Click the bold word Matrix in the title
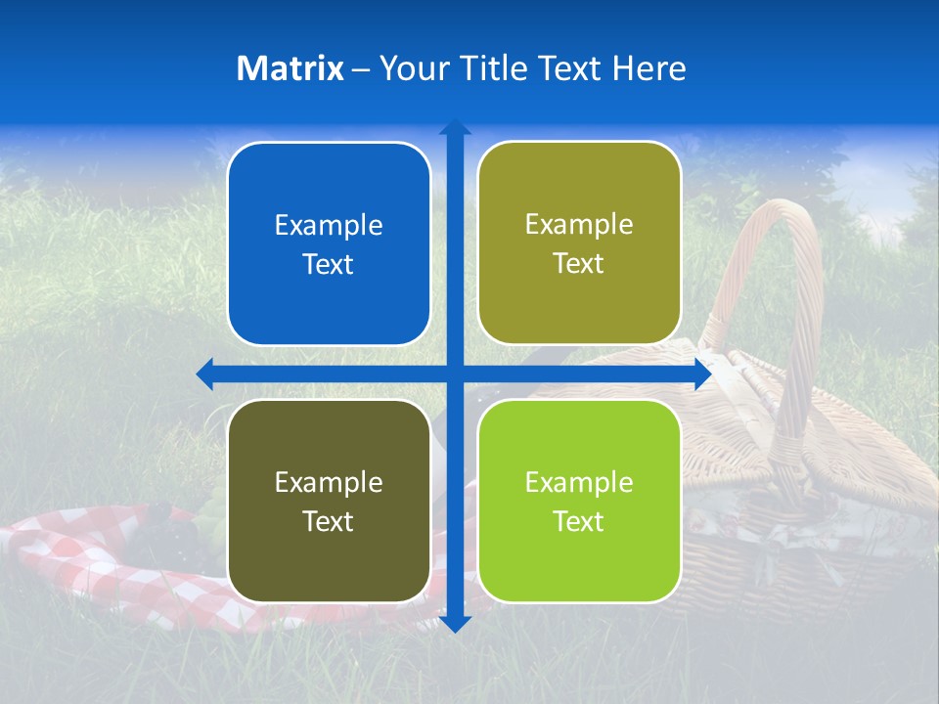pos(291,68)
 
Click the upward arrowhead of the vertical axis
pos(455,127)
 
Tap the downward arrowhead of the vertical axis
pos(455,624)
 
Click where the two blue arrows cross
pos(455,374)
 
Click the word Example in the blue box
pos(329,226)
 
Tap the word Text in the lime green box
pos(579,521)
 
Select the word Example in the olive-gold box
pos(579,225)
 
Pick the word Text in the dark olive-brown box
pos(329,521)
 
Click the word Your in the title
pos(408,68)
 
